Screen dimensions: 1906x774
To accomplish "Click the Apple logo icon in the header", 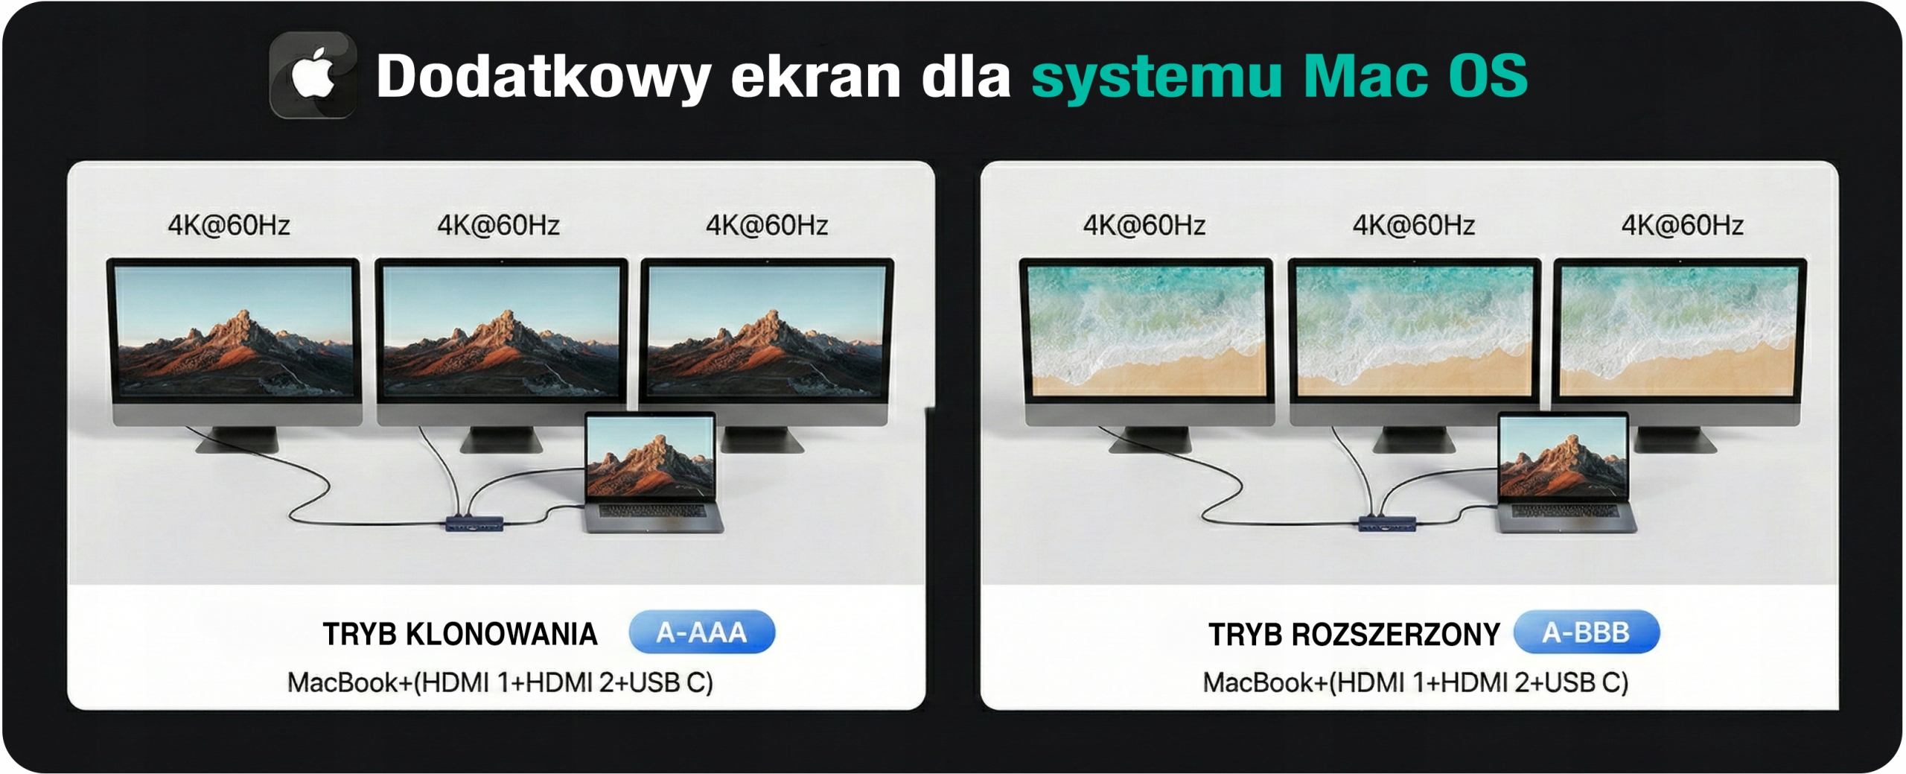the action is pos(313,74).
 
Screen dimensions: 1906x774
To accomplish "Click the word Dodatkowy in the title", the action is pos(544,76).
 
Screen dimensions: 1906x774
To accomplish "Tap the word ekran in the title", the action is pos(815,77).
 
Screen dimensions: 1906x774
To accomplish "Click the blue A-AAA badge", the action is pos(701,632).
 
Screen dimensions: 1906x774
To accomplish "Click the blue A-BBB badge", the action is pos(1586,632).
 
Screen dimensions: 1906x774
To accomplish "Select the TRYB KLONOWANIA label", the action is pos(460,635).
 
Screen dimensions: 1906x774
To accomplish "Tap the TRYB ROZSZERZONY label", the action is pos(1354,635).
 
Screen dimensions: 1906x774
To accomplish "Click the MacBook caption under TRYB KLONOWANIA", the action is pos(500,682).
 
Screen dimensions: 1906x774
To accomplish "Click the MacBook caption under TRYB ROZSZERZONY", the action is pos(1415,682).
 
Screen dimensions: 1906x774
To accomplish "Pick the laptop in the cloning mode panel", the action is pos(653,472).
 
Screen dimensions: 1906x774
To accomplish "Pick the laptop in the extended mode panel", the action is pos(1566,472).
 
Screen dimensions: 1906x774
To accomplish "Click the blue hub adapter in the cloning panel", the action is pos(475,523).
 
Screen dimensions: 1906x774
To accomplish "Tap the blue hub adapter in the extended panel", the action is pos(1388,523).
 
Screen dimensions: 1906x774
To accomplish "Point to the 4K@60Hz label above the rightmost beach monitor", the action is pos(1683,225).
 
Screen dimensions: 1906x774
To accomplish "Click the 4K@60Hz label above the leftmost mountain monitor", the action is pos(229,225).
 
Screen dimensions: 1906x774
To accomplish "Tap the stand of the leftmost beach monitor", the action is pos(1150,440).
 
